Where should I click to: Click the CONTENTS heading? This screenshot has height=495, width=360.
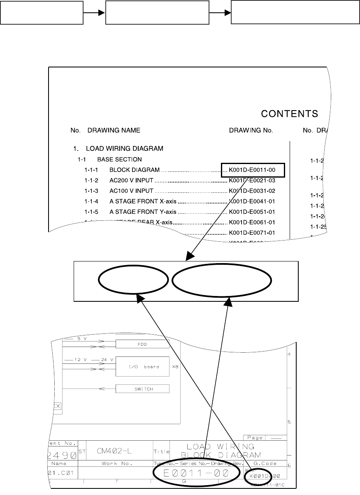point(290,113)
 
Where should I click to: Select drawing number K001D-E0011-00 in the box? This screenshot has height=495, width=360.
point(252,169)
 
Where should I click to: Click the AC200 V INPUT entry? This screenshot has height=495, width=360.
point(131,180)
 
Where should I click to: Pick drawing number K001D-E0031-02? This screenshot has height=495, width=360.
point(252,191)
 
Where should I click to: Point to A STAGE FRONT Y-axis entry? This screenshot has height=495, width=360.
point(143,212)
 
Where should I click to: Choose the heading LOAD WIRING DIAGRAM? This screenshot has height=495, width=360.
point(124,148)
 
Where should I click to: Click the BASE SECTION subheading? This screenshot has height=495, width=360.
point(119,159)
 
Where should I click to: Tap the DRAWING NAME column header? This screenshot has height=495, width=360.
point(114,130)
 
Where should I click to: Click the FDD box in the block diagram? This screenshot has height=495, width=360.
point(142,344)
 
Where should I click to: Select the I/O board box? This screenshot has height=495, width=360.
point(142,366)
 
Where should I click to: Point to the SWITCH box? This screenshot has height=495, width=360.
point(142,389)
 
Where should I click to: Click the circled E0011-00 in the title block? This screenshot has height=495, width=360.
point(196,473)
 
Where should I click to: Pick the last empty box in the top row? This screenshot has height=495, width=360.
point(293,12)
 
